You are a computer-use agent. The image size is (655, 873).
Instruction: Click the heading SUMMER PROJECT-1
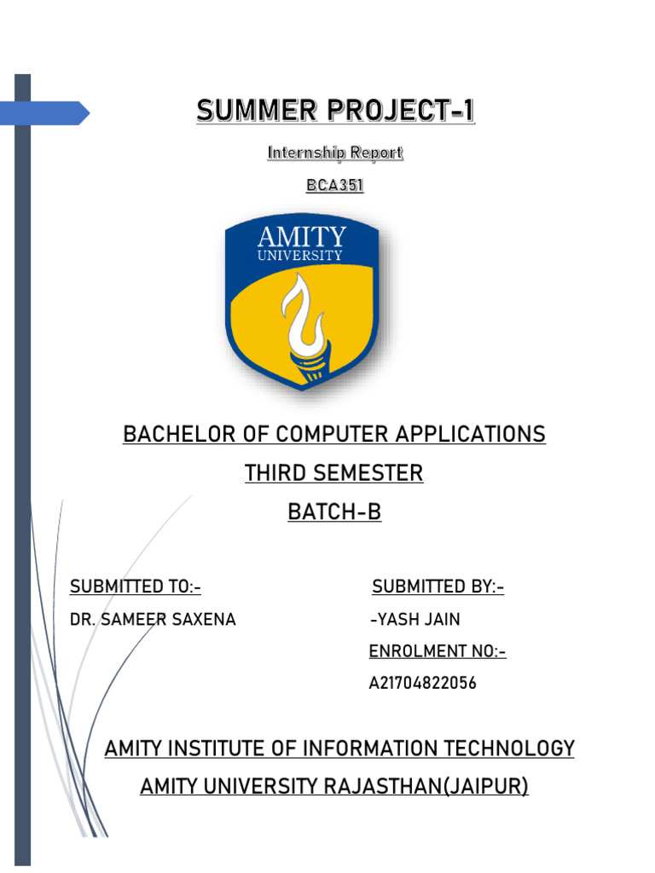pyautogui.click(x=334, y=111)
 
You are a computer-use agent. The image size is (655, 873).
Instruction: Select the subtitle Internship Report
pyautogui.click(x=334, y=153)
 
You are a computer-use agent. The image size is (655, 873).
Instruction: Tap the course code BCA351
pyautogui.click(x=334, y=184)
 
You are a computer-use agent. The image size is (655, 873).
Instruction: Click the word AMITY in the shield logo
pyautogui.click(x=302, y=236)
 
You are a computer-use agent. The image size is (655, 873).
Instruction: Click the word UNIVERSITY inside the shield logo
pyautogui.click(x=302, y=255)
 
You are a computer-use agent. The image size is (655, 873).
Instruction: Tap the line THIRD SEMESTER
pyautogui.click(x=334, y=473)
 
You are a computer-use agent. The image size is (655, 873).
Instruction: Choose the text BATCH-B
pyautogui.click(x=334, y=512)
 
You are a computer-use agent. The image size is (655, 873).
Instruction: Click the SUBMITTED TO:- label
pyautogui.click(x=135, y=587)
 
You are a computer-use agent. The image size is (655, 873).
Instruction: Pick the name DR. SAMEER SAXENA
pyautogui.click(x=153, y=620)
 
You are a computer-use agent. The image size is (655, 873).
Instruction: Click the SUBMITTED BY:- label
pyautogui.click(x=438, y=587)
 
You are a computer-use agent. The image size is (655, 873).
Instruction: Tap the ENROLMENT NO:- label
pyautogui.click(x=438, y=652)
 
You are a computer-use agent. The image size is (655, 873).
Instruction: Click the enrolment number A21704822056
pyautogui.click(x=423, y=684)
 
